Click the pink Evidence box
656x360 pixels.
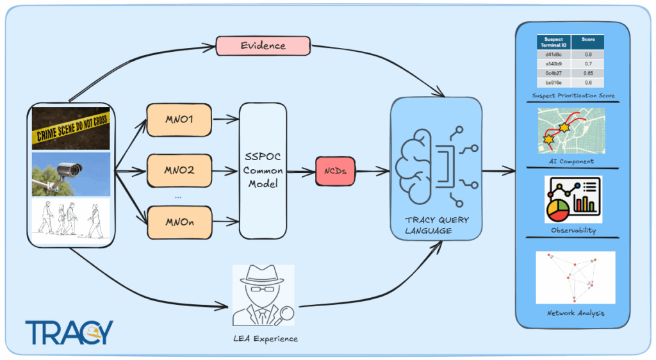(x=263, y=45)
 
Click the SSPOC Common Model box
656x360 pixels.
(x=263, y=170)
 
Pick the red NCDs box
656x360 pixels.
(x=335, y=171)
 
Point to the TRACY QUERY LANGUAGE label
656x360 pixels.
(x=436, y=225)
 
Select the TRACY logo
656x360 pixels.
(x=69, y=332)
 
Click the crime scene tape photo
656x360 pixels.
(x=71, y=128)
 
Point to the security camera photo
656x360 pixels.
(x=71, y=174)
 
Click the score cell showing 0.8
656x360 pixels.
(x=587, y=55)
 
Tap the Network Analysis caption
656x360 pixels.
(x=575, y=313)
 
